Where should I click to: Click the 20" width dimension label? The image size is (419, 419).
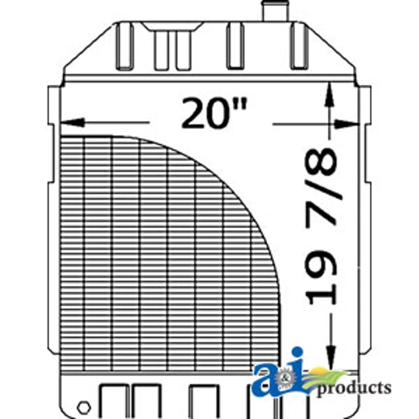[214, 113]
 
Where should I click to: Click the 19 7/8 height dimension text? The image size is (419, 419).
[321, 227]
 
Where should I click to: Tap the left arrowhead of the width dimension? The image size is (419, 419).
[73, 123]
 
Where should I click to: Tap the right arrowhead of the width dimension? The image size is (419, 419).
[346, 124]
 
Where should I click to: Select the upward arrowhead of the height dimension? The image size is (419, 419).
[330, 94]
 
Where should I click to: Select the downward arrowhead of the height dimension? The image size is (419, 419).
[331, 357]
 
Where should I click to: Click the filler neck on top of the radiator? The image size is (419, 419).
[276, 10]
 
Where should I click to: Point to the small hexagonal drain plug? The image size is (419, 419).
[84, 407]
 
